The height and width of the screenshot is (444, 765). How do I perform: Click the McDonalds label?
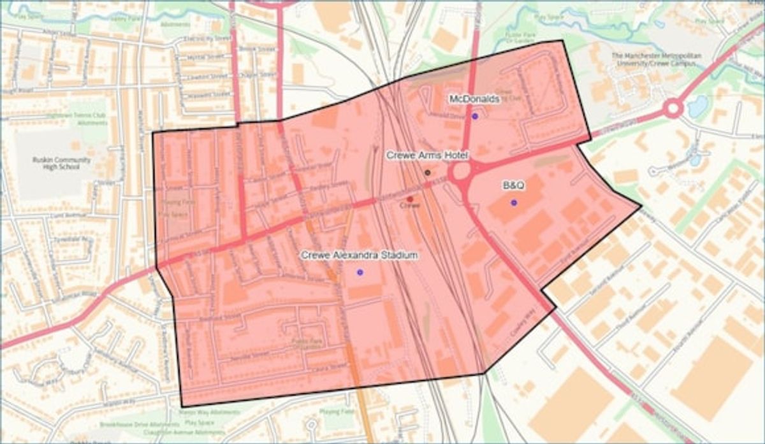point(474,99)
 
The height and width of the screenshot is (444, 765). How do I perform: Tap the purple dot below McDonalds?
point(474,116)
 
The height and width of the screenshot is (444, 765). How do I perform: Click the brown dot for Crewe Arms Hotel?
point(428,172)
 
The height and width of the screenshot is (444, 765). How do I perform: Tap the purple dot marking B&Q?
point(514,203)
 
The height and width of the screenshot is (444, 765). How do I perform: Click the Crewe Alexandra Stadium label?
point(360,255)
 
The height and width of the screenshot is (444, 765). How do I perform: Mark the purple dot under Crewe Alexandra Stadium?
point(360,272)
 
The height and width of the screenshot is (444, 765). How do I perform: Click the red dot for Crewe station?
point(409,199)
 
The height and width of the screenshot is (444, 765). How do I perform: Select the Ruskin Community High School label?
point(62,164)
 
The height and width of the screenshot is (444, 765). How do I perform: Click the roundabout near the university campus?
point(673,108)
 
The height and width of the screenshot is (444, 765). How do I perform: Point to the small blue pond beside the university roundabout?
point(697,106)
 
